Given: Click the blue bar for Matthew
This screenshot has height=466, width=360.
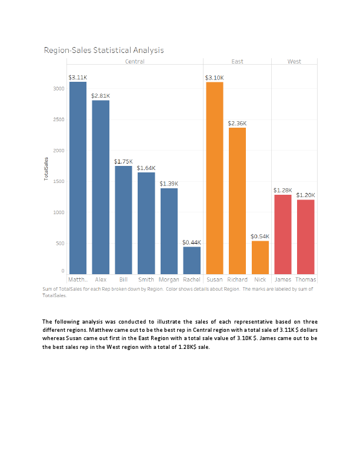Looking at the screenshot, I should coord(78,177).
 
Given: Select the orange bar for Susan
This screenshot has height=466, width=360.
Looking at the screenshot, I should coord(215,177).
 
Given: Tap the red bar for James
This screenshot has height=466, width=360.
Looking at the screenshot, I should coord(283,233).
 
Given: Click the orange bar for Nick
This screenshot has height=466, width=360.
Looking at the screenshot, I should coord(260,256).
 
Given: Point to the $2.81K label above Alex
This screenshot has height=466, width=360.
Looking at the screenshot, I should coord(101,95).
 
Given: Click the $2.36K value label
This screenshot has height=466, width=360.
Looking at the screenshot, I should coord(237,123).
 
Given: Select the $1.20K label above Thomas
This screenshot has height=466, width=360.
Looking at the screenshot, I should coord(305,195).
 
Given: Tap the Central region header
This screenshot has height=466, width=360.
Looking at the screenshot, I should coord(135,61).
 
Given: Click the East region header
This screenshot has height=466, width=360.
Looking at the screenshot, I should coord(237,61).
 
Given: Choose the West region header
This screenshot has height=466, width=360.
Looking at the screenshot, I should coord(294,61).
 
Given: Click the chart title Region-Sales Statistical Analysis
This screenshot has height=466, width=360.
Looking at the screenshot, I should coord(104,50).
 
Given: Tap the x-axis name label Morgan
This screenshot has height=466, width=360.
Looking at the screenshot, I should coord(169,279).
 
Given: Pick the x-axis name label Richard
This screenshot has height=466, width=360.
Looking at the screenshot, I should coord(237,279).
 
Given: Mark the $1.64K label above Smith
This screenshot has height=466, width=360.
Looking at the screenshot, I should coord(146,168).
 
